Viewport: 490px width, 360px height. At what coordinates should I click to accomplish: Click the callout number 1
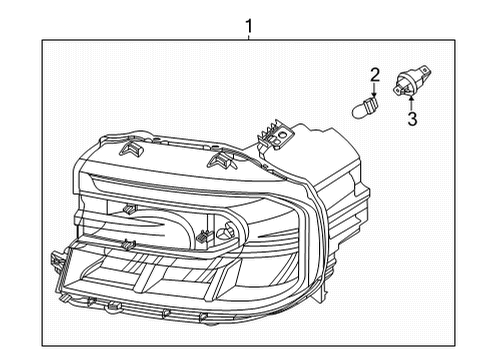pyautogui.click(x=249, y=23)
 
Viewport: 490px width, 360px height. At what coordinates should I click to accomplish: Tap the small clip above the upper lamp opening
pyautogui.click(x=128, y=210)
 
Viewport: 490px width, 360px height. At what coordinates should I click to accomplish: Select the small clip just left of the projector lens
pyautogui.click(x=203, y=238)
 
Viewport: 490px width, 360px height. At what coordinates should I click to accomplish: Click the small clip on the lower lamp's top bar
pyautogui.click(x=127, y=244)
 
